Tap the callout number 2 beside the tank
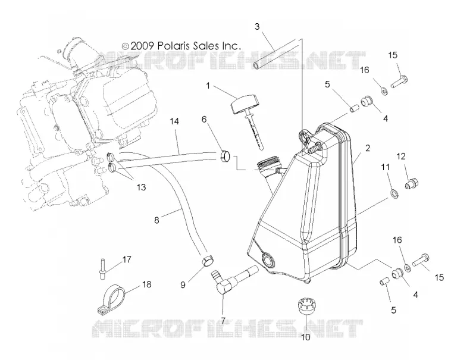[x=368, y=148]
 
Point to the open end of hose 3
[x=256, y=64]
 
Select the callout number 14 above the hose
[x=174, y=121]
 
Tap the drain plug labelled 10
[x=306, y=307]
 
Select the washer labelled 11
[x=394, y=193]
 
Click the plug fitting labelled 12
[x=412, y=184]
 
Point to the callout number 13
[x=141, y=187]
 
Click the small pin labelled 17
[x=102, y=267]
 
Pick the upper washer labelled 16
[x=384, y=90]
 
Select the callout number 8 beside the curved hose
[x=156, y=220]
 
